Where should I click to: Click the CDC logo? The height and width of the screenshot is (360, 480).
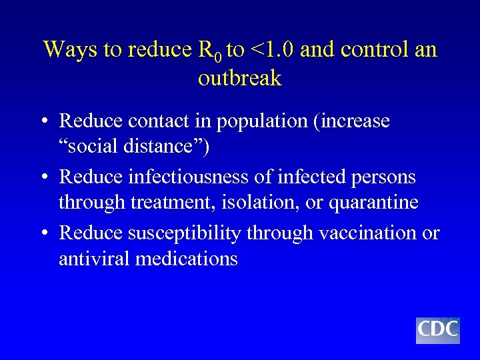[437, 330]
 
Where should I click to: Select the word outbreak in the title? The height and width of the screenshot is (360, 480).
[240, 78]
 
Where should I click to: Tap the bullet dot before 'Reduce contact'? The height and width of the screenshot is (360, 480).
[43, 122]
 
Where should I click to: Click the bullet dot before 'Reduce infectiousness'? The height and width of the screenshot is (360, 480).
[43, 178]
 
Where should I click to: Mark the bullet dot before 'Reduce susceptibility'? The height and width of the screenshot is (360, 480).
[43, 234]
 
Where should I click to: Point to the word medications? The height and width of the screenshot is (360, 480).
[187, 258]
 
